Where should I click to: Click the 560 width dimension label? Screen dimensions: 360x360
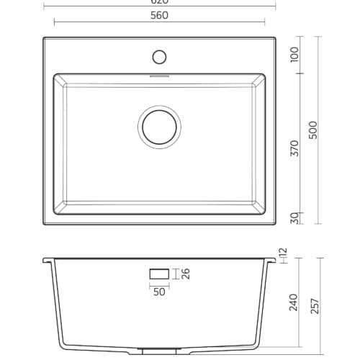[x=160, y=16]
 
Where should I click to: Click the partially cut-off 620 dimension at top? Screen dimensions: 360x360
[x=160, y=2]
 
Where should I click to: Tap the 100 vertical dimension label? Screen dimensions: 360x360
[x=294, y=55]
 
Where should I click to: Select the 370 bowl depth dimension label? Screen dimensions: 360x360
[x=294, y=149]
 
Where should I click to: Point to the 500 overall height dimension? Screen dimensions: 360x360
[x=312, y=130]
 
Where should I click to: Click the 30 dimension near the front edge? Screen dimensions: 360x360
[x=294, y=217]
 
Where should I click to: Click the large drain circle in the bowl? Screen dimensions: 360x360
[x=160, y=127]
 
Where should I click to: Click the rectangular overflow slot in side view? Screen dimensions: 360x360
[x=159, y=274]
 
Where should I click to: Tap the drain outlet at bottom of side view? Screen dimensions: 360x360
[x=160, y=351]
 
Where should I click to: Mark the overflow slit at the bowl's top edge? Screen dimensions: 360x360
[x=160, y=73]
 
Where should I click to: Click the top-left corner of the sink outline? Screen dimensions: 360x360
[x=43, y=37]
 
